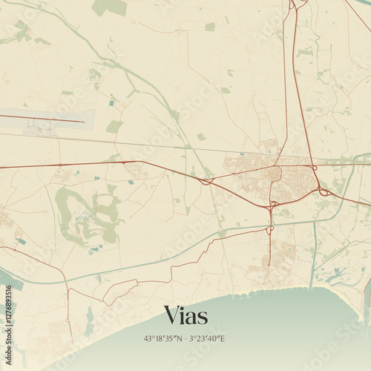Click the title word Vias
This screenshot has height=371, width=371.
pyautogui.click(x=185, y=315)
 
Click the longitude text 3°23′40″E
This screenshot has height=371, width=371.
pyautogui.click(x=207, y=339)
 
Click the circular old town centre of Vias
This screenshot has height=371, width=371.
pyautogui.click(x=274, y=174)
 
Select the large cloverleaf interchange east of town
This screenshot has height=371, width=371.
pyautogui.click(x=324, y=192)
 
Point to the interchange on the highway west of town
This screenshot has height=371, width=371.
pyautogui.click(x=206, y=180)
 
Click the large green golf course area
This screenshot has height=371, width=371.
pyautogui.click(x=85, y=211)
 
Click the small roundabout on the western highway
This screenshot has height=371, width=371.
pyautogui.click(x=60, y=165)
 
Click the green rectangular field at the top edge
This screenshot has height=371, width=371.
pyautogui.click(x=110, y=7)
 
